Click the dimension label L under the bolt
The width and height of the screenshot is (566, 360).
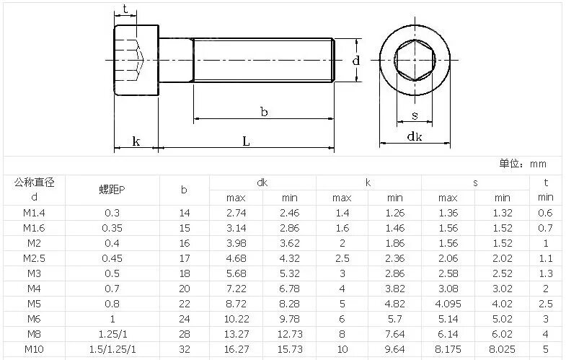(246, 141)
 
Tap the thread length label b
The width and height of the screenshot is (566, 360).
(264, 112)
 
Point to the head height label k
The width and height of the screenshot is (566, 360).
(136, 141)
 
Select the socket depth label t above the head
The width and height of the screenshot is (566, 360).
(125, 9)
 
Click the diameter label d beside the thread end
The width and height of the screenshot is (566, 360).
(356, 60)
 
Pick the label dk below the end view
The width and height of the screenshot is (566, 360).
(415, 136)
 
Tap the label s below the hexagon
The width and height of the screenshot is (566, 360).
(415, 115)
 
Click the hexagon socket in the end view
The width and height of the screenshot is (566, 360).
(415, 60)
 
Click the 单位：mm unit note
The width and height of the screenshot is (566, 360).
(523, 164)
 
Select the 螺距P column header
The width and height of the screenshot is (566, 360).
(112, 190)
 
